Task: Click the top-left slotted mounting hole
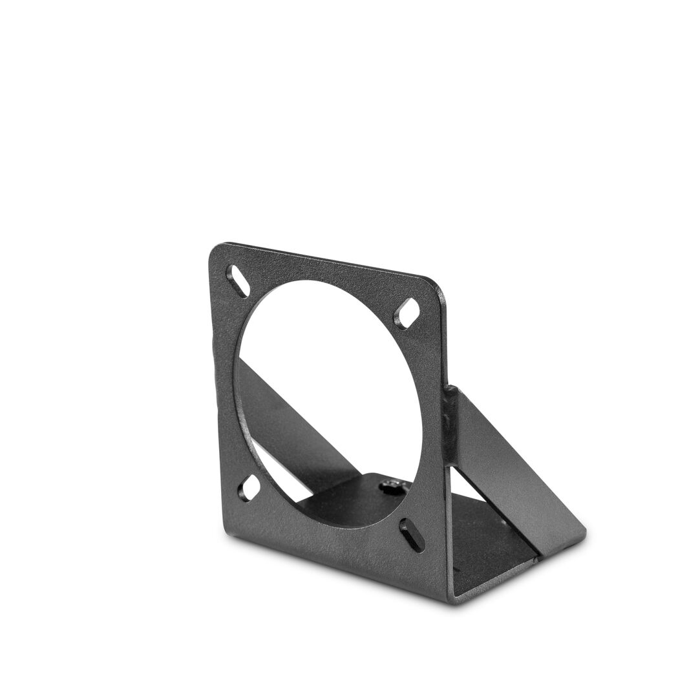click(x=237, y=282)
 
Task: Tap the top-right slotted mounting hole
click(x=407, y=313)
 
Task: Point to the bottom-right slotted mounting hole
click(x=412, y=534)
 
